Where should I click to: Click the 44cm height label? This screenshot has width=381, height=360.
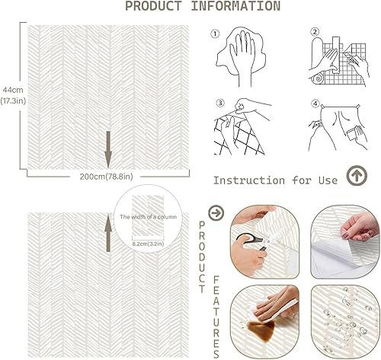11,89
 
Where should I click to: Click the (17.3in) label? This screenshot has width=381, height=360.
11,100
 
